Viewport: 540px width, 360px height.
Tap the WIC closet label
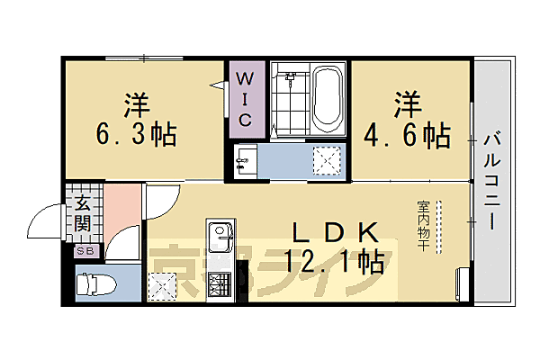click(245, 98)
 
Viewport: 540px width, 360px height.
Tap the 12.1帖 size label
click(334, 262)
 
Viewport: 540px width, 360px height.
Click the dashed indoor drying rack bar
click(439, 227)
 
